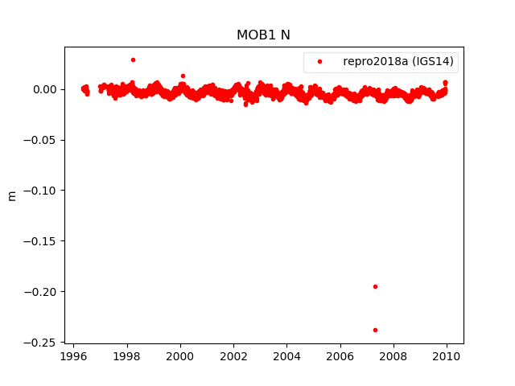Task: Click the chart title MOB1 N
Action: (257, 35)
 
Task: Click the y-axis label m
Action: (12, 195)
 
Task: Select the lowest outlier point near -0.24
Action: (375, 330)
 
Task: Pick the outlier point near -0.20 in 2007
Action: (375, 286)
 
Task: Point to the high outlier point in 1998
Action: (133, 60)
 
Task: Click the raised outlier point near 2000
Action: (183, 76)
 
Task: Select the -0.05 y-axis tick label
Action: (42, 140)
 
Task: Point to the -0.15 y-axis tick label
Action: (42, 241)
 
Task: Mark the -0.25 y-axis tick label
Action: (42, 343)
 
